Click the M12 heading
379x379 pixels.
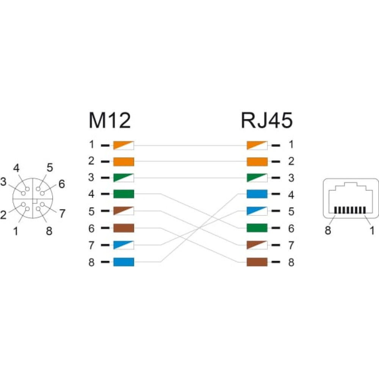coord(110,120)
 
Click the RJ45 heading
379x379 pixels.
coord(266,120)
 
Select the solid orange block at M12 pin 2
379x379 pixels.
coord(124,162)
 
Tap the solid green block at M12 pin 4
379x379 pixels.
coord(124,194)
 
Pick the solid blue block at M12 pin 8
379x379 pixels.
coord(124,262)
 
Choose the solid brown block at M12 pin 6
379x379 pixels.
coord(124,228)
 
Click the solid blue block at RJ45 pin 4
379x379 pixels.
coord(257,194)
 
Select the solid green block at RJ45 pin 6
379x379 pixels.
coord(257,228)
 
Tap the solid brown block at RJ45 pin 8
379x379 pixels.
coord(257,262)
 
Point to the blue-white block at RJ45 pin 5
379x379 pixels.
coord(257,211)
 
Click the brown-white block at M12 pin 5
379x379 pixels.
coord(124,211)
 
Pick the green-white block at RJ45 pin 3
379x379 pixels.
coord(257,178)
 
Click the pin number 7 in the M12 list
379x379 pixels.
coord(91,245)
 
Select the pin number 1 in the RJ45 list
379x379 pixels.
coord(291,144)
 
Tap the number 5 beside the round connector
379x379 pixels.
coord(50,168)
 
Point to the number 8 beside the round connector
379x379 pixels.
coord(49,231)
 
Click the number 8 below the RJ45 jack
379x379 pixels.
coord(328,230)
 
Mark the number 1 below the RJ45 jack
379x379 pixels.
coord(372,230)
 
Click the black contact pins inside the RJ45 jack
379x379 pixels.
coord(350,210)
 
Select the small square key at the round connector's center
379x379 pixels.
coord(34,200)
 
